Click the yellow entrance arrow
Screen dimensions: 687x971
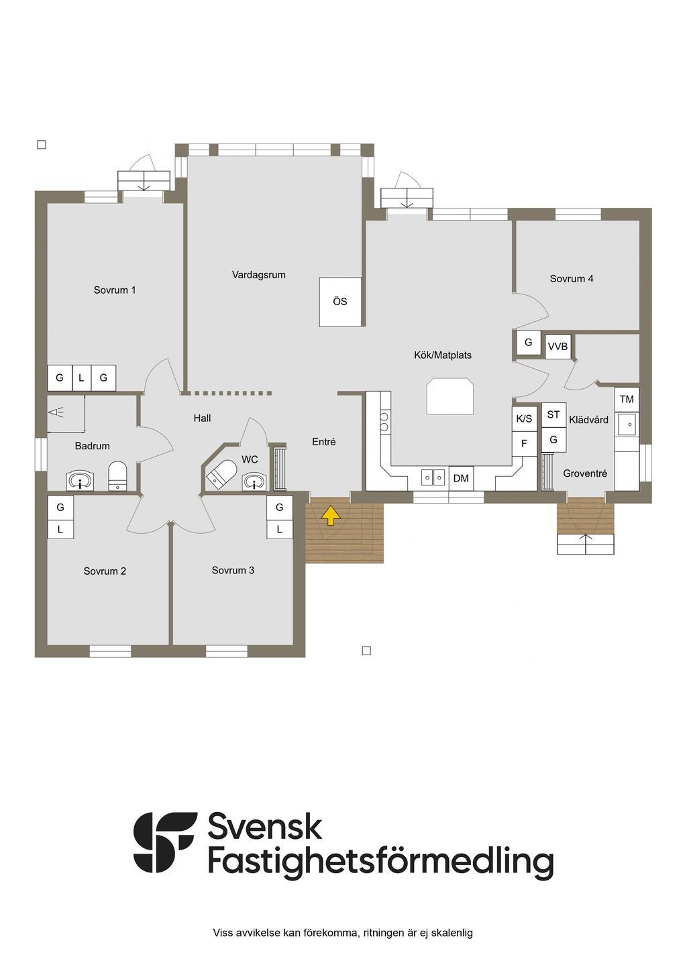[x=331, y=515]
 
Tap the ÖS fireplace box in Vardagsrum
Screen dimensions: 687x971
[x=340, y=302]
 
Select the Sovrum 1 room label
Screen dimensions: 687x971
[x=115, y=290]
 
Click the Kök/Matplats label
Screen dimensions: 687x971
[x=442, y=355]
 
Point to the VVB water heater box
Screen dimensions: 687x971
[x=558, y=346]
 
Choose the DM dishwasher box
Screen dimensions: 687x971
[x=461, y=478]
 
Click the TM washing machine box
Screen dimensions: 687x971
[x=627, y=399]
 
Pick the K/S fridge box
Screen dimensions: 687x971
[x=524, y=418]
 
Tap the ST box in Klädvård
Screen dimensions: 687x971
[x=553, y=415]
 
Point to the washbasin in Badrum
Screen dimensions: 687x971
[x=79, y=481]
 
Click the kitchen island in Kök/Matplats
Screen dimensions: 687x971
[x=450, y=396]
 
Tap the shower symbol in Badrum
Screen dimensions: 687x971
[x=56, y=412]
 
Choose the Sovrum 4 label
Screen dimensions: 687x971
[x=571, y=279]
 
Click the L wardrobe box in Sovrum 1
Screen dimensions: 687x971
[x=81, y=378]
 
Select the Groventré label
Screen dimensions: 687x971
[x=584, y=473]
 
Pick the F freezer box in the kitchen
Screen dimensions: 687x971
[x=524, y=443]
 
